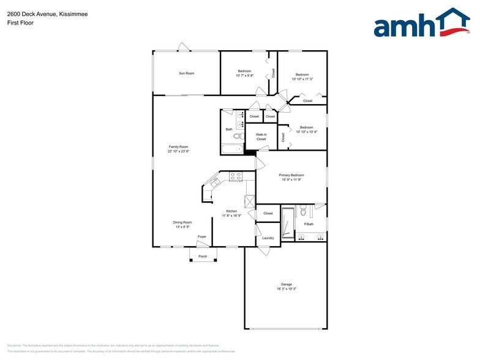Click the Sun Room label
click(x=186, y=73)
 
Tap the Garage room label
click(x=286, y=284)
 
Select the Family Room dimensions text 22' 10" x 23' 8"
click(x=179, y=151)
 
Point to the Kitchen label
click(x=231, y=211)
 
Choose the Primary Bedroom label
click(x=291, y=175)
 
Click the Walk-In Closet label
click(x=261, y=137)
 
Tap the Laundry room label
click(x=268, y=238)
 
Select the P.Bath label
click(x=309, y=224)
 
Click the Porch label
click(x=203, y=257)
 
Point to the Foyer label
click(x=201, y=236)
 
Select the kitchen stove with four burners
click(x=236, y=176)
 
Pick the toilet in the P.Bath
click(x=302, y=212)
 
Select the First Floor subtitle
click(x=21, y=23)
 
